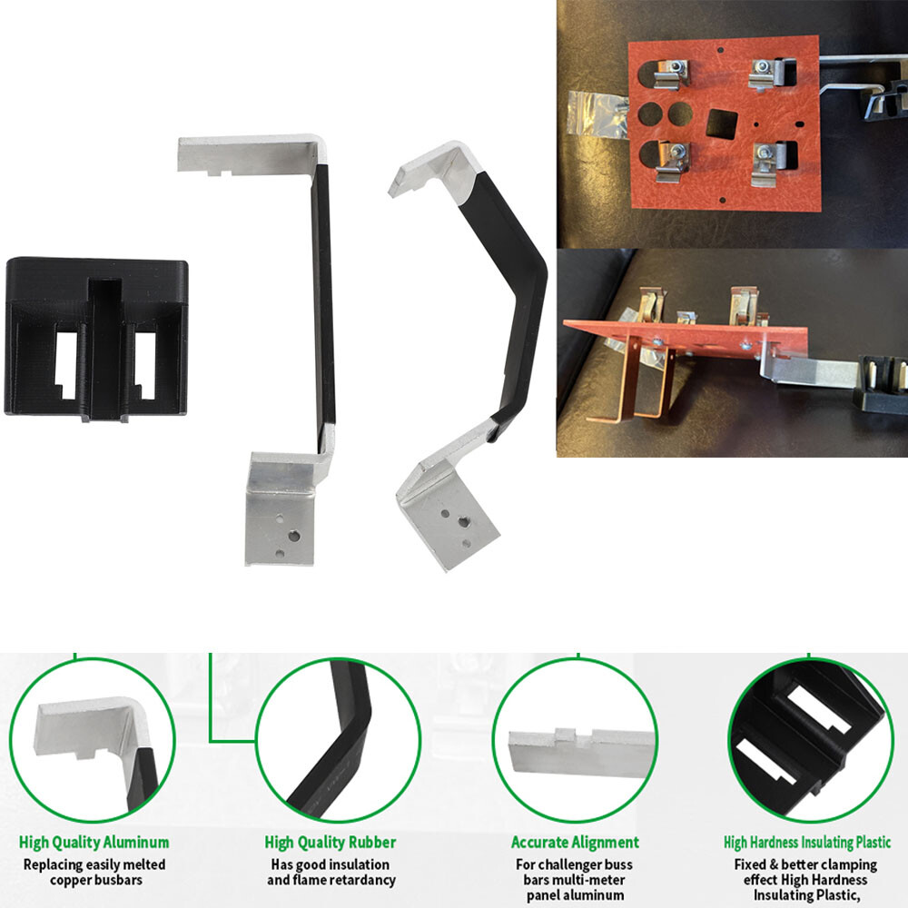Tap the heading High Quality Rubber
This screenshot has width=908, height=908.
tap(331, 843)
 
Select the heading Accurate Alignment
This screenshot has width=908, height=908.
tap(575, 843)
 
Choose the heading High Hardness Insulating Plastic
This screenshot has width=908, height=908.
tap(807, 843)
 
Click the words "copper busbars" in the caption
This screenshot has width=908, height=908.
tap(95, 880)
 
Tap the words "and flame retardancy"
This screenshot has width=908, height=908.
tap(331, 880)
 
